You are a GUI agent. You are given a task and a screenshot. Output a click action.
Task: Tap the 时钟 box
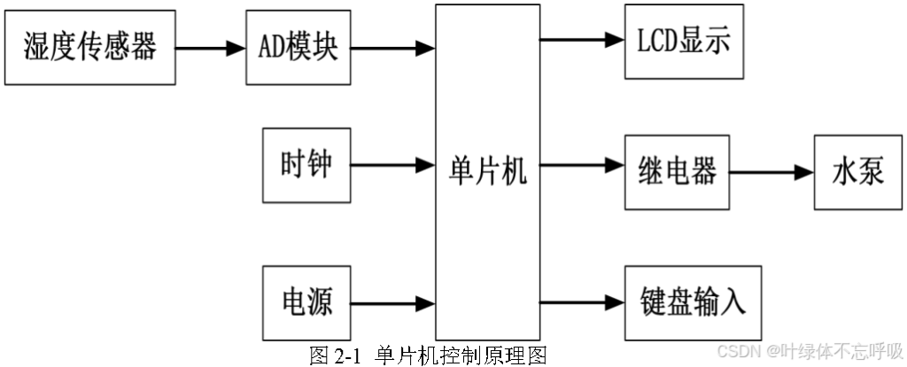(306, 165)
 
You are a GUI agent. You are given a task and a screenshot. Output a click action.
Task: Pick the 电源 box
(306, 301)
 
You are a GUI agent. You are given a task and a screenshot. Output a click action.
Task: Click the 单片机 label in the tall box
(488, 170)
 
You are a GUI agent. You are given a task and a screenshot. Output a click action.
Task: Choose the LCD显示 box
(683, 41)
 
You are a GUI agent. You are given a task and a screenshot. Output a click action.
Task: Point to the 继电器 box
(677, 172)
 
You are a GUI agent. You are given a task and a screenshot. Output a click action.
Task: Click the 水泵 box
(858, 172)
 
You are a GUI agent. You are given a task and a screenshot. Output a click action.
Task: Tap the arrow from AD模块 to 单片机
(392, 48)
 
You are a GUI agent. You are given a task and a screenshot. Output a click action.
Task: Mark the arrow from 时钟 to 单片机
(392, 164)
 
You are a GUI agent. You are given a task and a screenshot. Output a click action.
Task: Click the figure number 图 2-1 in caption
(336, 356)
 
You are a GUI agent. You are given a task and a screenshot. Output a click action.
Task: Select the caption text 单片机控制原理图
(461, 356)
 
